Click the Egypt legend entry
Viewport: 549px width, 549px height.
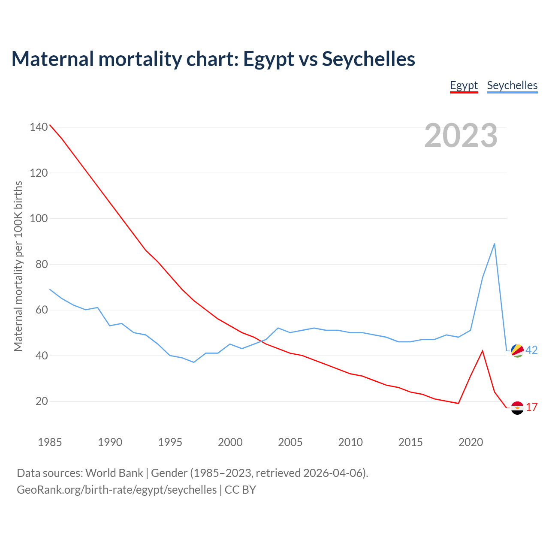click(464, 85)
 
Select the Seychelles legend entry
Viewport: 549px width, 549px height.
click(512, 85)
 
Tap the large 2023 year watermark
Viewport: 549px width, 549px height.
click(461, 135)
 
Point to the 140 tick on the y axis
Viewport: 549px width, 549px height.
click(38, 127)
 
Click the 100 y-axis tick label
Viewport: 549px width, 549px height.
click(38, 218)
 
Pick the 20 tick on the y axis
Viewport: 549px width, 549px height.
click(41, 401)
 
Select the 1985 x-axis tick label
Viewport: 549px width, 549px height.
click(50, 442)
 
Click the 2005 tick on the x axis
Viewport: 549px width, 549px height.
click(290, 442)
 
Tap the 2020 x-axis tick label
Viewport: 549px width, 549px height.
click(471, 442)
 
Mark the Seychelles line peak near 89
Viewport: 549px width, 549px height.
click(495, 244)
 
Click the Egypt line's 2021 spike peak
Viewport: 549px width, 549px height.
click(483, 351)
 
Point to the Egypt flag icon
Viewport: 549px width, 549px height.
click(517, 407)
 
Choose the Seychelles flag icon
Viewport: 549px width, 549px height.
click(517, 350)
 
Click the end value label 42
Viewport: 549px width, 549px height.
click(531, 350)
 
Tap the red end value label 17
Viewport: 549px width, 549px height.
click(531, 407)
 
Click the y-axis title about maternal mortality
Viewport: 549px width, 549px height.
click(18, 266)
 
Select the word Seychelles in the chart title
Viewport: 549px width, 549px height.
click(368, 59)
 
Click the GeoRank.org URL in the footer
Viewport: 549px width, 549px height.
click(117, 489)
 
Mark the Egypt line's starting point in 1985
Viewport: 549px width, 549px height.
click(50, 125)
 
